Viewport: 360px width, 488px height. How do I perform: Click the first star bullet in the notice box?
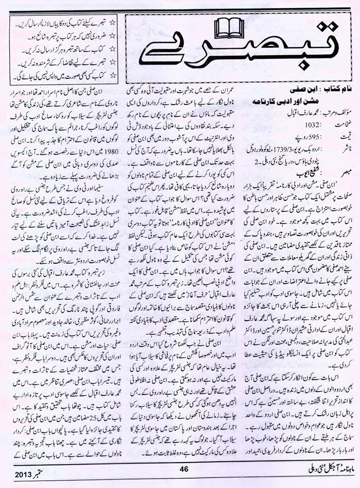tap(113, 23)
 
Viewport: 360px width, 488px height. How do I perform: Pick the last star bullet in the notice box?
tap(113, 75)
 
